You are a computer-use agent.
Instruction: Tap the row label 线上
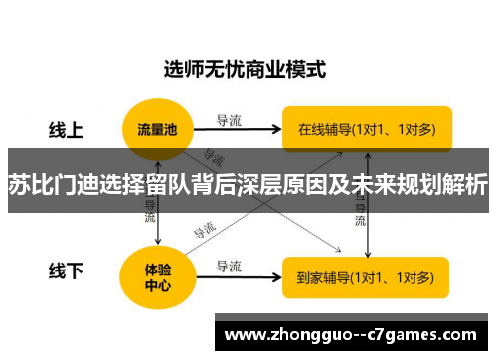[67, 130]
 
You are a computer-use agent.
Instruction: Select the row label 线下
[67, 270]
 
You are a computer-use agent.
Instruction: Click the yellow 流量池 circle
[158, 129]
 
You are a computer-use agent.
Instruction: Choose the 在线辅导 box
[365, 129]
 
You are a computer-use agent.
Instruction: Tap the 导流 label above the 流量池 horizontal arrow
[229, 120]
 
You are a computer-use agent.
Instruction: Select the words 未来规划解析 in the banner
[428, 184]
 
